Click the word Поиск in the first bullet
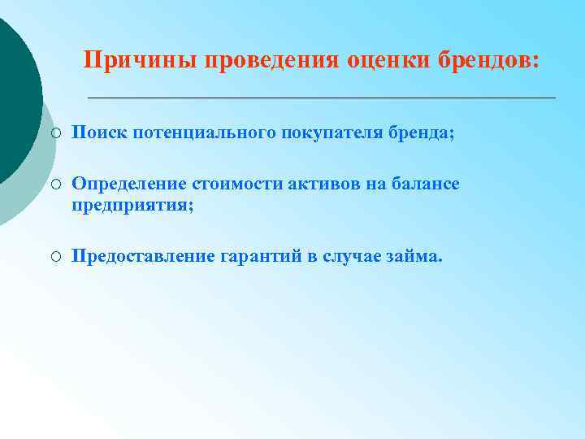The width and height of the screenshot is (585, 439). click(95, 133)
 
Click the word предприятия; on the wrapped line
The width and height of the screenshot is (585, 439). click(132, 206)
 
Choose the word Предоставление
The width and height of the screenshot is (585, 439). click(143, 258)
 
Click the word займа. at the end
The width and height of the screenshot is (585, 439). click(415, 258)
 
